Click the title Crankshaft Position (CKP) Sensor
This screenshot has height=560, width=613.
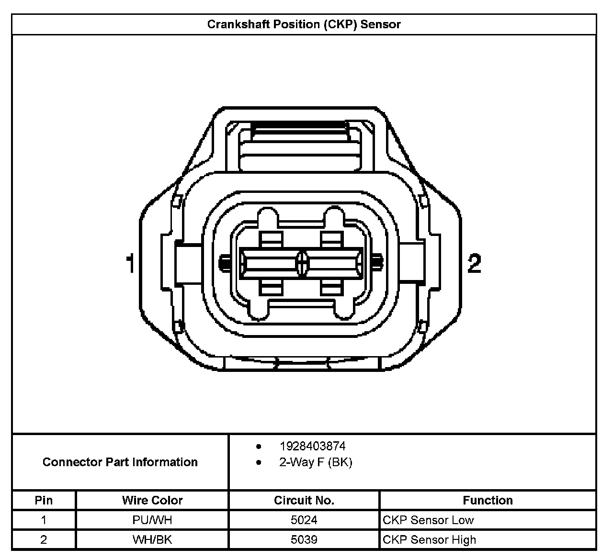[x=304, y=24]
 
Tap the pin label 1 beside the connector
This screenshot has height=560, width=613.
[x=130, y=264]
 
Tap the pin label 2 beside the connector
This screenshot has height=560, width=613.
[x=474, y=264]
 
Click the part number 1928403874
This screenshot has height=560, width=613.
[x=312, y=446]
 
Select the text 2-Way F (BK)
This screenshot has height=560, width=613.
[x=316, y=462]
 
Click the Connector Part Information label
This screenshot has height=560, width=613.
[x=120, y=462]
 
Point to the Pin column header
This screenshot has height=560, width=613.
[x=44, y=500]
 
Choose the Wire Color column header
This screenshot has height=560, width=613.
[x=152, y=500]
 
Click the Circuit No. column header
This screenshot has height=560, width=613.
[x=304, y=500]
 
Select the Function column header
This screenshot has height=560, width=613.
[x=488, y=500]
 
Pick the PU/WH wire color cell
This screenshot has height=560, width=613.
[x=152, y=520]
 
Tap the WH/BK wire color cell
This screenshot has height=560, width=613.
[x=152, y=539]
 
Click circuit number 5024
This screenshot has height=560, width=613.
[x=304, y=520]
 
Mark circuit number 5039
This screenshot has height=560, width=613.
[x=304, y=539]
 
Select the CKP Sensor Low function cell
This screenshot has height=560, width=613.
[x=428, y=520]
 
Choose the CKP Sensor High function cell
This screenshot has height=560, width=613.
[x=430, y=539]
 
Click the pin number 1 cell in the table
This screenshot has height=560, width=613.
[x=44, y=520]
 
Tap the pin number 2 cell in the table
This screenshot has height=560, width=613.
[x=44, y=539]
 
